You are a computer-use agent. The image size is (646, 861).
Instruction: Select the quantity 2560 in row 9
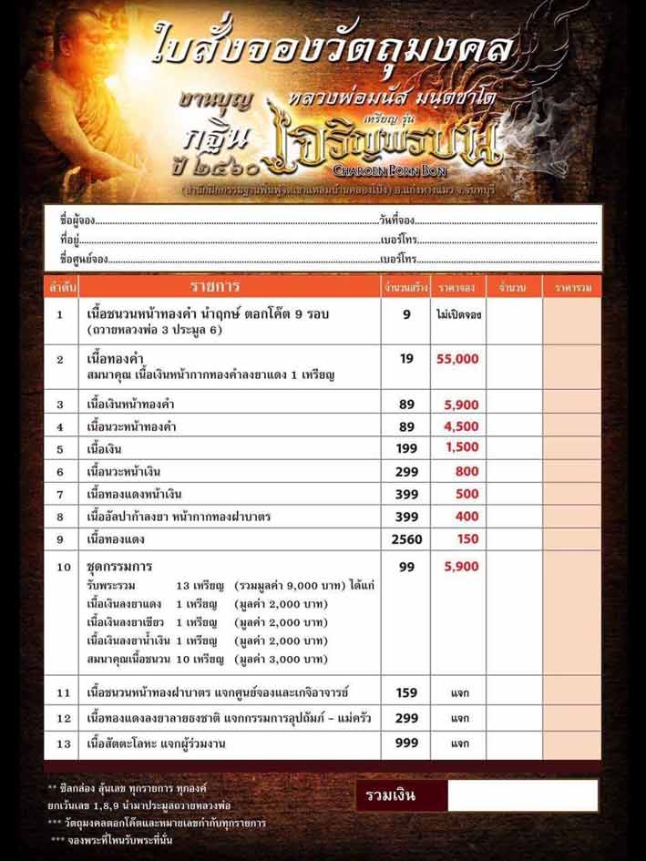[406, 539]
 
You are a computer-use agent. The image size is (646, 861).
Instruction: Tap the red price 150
[467, 539]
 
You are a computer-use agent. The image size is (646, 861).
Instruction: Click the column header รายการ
[213, 288]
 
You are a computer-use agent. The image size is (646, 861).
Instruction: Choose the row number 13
[60, 744]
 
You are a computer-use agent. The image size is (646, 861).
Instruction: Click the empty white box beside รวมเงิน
[522, 795]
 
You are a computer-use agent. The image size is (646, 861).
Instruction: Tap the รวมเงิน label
[391, 795]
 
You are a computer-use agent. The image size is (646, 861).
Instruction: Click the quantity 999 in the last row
[406, 744]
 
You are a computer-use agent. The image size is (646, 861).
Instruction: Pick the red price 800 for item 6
[467, 471]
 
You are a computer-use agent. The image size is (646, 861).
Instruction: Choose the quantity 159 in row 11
[406, 693]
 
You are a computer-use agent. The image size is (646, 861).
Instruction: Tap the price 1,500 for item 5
[462, 447]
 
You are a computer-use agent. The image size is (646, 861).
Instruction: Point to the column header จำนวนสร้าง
[406, 289]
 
